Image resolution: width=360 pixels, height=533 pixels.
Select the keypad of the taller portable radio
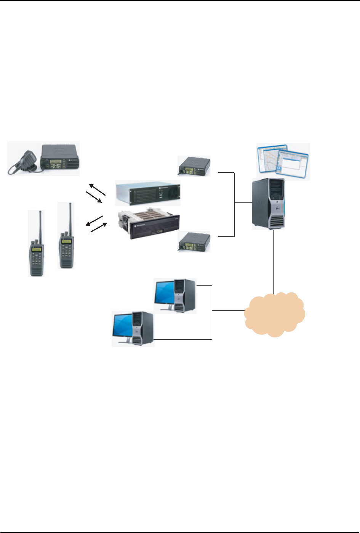tap(66, 254)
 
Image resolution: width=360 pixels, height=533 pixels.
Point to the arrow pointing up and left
tap(97, 189)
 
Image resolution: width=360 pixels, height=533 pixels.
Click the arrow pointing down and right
tap(94, 197)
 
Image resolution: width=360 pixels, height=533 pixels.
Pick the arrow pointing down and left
tap(94, 220)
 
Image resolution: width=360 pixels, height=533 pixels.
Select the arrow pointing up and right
tap(99, 227)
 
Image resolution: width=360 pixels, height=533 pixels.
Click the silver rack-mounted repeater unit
tap(148, 193)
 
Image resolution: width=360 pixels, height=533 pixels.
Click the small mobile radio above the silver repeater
tap(194, 166)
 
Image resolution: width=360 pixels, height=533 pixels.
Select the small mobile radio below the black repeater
tap(194, 242)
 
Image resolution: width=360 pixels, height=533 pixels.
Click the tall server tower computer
tap(268, 204)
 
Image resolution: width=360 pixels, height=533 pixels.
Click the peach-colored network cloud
tap(274, 315)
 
